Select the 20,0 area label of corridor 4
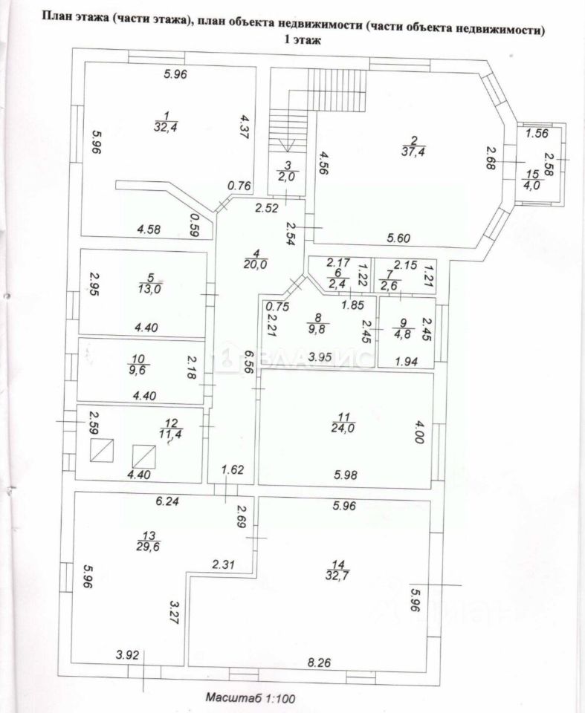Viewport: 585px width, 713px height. [x=255, y=263]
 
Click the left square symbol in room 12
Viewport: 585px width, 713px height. [x=102, y=451]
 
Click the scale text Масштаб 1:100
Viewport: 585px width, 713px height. [x=251, y=697]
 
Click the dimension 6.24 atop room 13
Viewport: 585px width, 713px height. [x=169, y=501]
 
